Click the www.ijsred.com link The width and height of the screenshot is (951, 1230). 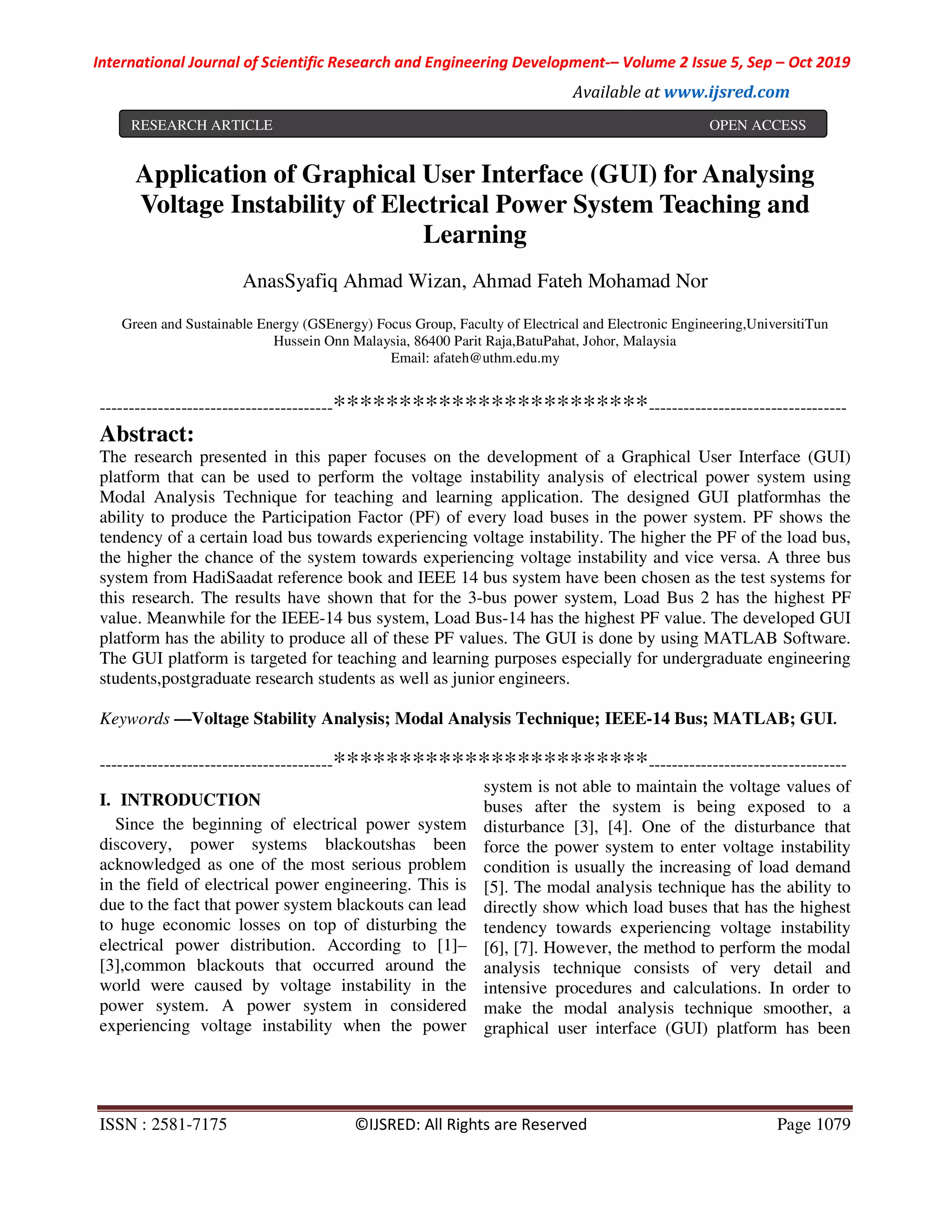(x=726, y=92)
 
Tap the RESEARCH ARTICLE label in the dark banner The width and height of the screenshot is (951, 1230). (x=202, y=125)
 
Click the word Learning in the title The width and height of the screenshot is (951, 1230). (x=475, y=235)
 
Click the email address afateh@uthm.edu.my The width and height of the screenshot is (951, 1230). (x=496, y=358)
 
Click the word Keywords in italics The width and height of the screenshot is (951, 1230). (x=135, y=719)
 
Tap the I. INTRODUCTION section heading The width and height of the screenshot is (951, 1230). (x=180, y=800)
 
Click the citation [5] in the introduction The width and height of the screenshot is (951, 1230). (x=495, y=887)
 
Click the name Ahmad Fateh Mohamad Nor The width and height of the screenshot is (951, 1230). (x=589, y=281)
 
